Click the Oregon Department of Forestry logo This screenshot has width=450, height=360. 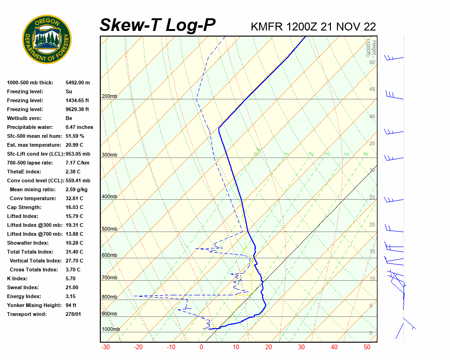click(x=47, y=39)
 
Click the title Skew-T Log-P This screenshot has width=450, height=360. click(x=157, y=25)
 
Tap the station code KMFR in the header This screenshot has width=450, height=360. click(x=266, y=27)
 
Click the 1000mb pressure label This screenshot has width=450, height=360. click(x=111, y=330)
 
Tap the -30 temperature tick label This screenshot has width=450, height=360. click(x=105, y=347)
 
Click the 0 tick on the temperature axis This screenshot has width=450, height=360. click(x=202, y=347)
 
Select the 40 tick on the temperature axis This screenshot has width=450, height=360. click(x=334, y=347)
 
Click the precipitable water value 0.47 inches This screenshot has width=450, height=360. click(x=79, y=127)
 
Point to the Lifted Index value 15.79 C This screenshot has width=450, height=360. click(x=74, y=216)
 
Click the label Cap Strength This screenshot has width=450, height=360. click(x=24, y=207)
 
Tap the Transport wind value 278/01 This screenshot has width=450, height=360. click(x=73, y=314)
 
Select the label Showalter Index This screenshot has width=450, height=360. click(x=28, y=243)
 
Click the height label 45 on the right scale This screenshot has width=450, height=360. click(x=372, y=90)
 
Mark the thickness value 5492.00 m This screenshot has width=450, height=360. click(x=77, y=82)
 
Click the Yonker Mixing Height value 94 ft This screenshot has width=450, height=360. click(x=71, y=305)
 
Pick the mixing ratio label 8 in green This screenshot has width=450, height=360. click(x=366, y=154)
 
